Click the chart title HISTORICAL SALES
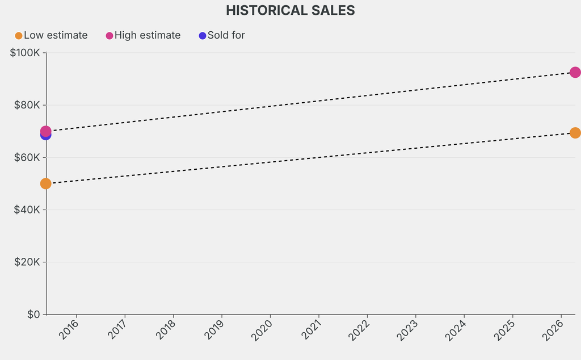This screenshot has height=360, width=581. [290, 10]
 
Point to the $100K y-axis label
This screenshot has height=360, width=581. [25, 53]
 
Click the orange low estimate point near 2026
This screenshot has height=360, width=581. [575, 133]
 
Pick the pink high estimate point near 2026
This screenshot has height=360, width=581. [575, 72]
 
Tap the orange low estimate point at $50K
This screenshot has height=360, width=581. [46, 183]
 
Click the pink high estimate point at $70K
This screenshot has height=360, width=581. [46, 131]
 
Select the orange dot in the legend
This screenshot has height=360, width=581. [19, 36]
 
